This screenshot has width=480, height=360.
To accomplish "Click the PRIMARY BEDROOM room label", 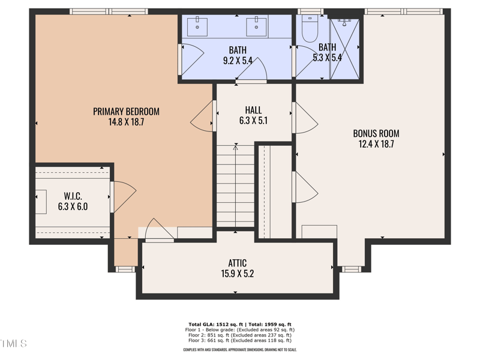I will point(126,111).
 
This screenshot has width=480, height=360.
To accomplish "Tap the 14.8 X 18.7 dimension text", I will point(126,122).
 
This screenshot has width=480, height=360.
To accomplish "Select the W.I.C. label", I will point(72,196).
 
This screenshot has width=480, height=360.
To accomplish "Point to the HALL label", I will point(253,110).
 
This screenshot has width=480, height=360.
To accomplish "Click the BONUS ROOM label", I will point(376,133).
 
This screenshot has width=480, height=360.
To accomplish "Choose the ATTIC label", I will point(237,263).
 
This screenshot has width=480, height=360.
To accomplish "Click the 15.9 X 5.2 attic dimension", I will point(237,274).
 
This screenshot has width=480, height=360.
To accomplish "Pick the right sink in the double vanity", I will point(257,26).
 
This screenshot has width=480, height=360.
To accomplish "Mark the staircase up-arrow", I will point(235,147).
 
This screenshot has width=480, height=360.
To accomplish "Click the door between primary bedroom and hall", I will point(203,116).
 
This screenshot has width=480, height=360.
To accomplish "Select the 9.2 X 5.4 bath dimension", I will point(237,59).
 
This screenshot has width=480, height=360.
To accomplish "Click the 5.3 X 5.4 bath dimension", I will point(327,58).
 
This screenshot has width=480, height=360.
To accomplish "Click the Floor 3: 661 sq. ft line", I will point(240,340).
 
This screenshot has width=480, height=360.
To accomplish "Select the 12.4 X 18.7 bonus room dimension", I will point(376,144).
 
